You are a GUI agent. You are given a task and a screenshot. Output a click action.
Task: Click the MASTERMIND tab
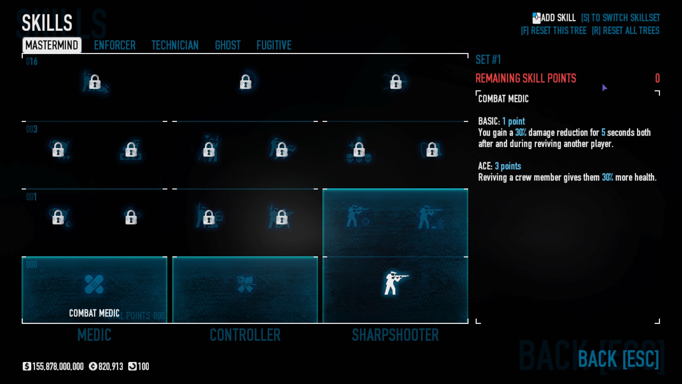coord(52,45)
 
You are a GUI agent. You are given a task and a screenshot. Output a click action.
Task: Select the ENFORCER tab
coord(115,45)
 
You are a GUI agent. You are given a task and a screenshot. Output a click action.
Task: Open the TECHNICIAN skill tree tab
coord(175,45)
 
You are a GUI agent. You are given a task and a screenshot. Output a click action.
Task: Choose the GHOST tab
coord(228,45)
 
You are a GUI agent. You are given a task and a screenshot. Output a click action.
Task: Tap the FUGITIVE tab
coord(274,45)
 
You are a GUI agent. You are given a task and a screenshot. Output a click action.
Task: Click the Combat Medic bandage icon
coord(94,284)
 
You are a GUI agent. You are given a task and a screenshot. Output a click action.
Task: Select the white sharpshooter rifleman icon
coord(395,283)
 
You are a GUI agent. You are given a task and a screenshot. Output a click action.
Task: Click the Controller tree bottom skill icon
coord(245,284)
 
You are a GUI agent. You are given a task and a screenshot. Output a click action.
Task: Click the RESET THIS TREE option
coord(553,31)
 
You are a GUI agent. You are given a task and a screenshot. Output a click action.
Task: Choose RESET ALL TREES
coord(626,31)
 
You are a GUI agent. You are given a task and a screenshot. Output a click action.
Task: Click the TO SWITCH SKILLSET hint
coord(621,18)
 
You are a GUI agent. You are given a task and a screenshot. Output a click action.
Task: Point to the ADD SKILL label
coord(558,18)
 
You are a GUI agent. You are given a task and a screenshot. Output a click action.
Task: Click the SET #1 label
coord(488,60)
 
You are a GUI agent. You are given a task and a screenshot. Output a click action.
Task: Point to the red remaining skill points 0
coord(657,78)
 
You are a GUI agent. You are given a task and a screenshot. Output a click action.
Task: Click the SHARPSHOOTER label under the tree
coord(395,335)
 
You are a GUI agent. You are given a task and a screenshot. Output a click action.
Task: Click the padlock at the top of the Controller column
coord(245,82)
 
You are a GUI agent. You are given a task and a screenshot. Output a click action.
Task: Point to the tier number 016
coord(32,62)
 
